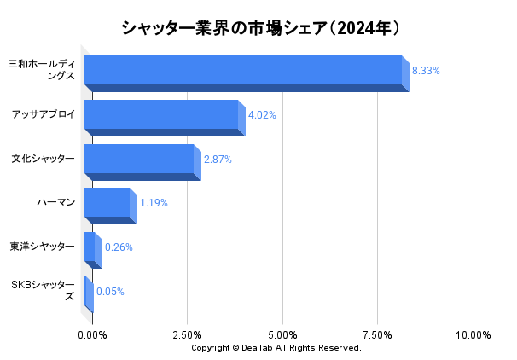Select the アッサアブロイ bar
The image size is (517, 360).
tap(161, 115)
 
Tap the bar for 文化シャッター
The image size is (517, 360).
tap(139, 160)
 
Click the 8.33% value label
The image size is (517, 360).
tap(426, 71)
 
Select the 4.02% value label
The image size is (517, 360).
tap(262, 115)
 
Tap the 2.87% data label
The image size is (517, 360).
tap(218, 160)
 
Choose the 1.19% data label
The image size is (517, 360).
tap(154, 203)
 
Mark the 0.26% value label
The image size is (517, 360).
tap(119, 247)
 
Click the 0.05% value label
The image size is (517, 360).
tap(110, 292)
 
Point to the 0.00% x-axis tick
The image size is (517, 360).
tap(92, 335)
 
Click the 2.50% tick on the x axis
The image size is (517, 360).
tap(187, 335)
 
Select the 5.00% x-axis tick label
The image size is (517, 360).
tap(282, 335)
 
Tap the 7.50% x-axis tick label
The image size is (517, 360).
tap(377, 335)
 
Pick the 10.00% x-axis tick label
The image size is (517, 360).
tap(473, 335)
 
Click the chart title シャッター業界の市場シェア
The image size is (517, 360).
tap(259, 28)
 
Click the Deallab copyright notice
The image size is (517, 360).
tap(276, 348)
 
